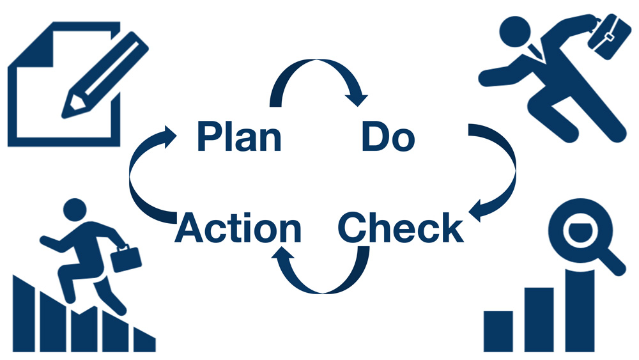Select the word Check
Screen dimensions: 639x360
(x=401, y=227)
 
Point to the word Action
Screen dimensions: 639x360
(x=238, y=228)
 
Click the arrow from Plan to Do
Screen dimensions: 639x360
(x=317, y=61)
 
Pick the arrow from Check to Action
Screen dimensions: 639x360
(x=322, y=292)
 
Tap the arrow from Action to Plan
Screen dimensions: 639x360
(x=130, y=175)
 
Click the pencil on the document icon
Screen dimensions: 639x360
(x=105, y=75)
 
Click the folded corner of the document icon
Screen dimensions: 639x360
(x=31, y=45)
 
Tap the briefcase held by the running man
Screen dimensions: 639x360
(x=606, y=36)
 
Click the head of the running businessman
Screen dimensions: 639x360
(x=515, y=32)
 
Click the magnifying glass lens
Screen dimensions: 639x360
(x=580, y=230)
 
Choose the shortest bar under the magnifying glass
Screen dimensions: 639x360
(x=498, y=331)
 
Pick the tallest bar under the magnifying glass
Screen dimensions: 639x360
(x=580, y=310)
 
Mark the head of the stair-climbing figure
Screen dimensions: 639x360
(x=75, y=210)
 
